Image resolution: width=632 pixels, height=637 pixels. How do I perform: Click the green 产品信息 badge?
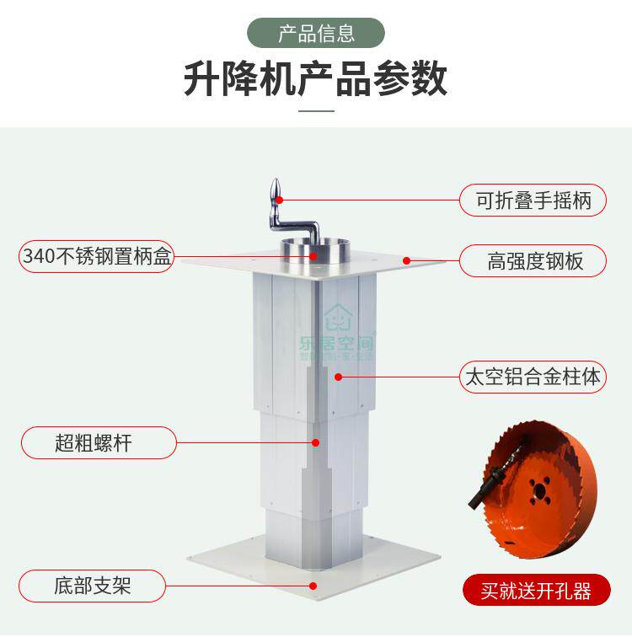[316, 33]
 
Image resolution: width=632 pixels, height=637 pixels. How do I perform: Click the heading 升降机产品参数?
[316, 79]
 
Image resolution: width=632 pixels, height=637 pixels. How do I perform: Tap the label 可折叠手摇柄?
[533, 201]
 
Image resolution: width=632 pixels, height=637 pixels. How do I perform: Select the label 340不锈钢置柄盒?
[97, 256]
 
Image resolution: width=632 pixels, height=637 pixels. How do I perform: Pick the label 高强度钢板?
[533, 261]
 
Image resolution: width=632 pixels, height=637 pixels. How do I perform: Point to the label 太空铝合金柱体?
[533, 377]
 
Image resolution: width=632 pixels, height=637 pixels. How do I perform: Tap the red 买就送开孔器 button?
[536, 591]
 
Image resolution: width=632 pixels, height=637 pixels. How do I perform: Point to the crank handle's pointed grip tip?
[276, 190]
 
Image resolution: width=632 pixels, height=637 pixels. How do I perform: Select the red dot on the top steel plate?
[406, 260]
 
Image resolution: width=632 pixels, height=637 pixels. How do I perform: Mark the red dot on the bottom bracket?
[314, 583]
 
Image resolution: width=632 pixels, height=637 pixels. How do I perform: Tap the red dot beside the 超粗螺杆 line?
[316, 442]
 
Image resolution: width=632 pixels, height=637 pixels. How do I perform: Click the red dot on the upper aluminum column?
[337, 377]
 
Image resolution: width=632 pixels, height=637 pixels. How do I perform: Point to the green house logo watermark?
[337, 318]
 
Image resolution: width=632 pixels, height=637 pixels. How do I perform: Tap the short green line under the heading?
[316, 110]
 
